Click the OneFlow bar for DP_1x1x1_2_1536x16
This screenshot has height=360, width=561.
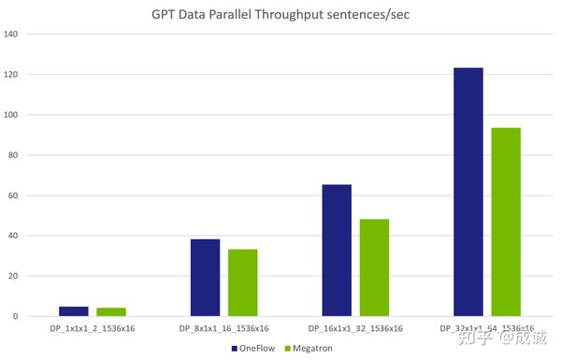[74, 311]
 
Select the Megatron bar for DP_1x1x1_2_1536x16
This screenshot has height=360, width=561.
[111, 312]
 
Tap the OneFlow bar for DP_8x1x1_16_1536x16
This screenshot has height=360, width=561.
[205, 278]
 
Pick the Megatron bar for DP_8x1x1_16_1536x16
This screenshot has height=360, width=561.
[242, 282]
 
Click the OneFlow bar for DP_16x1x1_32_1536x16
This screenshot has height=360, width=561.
[337, 251]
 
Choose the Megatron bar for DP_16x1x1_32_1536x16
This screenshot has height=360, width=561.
[374, 267]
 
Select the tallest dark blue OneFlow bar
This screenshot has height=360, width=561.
[467, 192]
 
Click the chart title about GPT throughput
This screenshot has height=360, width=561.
[281, 15]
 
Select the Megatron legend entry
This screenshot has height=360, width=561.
[309, 348]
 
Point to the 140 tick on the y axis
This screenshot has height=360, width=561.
[12, 35]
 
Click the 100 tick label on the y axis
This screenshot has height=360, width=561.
[12, 115]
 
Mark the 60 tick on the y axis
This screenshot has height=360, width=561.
[14, 195]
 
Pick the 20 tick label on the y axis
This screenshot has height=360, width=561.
[14, 276]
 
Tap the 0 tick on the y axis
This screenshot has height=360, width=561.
[16, 316]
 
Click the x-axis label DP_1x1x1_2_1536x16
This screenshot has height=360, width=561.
[93, 329]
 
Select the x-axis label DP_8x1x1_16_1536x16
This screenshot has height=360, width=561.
[223, 329]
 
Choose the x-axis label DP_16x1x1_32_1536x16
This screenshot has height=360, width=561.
[355, 329]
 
